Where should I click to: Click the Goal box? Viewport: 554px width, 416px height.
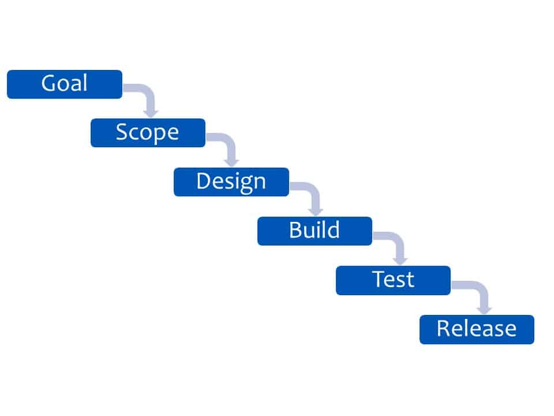tap(65, 84)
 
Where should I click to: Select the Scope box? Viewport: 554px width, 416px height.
tap(148, 133)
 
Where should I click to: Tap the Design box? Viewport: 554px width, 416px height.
tap(231, 182)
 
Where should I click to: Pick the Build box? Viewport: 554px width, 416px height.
tap(315, 231)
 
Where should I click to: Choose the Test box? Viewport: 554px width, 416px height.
tap(393, 280)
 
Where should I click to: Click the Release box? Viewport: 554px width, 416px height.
tap(477, 329)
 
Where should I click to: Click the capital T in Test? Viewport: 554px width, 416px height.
tap(379, 279)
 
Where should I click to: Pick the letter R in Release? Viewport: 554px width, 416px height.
tap(443, 328)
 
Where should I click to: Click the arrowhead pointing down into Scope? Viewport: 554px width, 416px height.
tap(151, 113)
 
